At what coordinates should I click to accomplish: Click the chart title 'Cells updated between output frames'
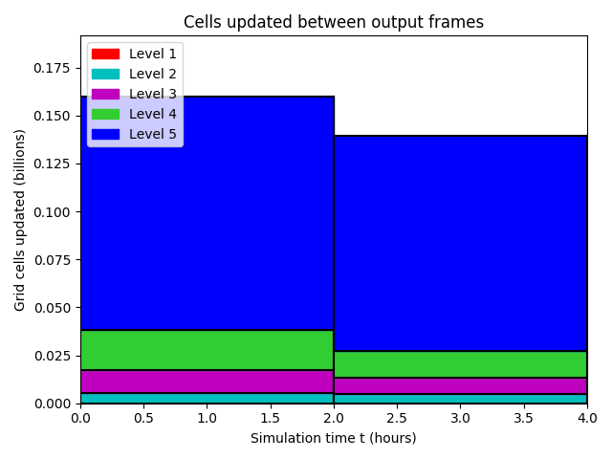click(x=334, y=22)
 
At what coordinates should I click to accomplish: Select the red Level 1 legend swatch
click(x=105, y=54)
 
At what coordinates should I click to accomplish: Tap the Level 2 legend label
click(x=153, y=74)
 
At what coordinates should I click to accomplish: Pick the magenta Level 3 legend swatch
click(x=105, y=94)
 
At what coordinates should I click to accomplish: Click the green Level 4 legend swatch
click(x=105, y=114)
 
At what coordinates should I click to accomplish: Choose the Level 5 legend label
click(x=153, y=134)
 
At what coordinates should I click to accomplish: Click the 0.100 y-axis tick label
click(x=52, y=212)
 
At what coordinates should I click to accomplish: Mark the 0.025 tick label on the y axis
click(x=52, y=356)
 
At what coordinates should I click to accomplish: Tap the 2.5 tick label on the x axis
click(x=397, y=418)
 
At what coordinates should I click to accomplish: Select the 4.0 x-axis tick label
click(x=587, y=418)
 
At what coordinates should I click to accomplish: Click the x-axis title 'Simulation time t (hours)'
click(x=334, y=438)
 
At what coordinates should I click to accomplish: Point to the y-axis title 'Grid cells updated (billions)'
click(x=19, y=220)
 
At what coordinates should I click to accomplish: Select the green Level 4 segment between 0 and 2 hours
click(x=207, y=350)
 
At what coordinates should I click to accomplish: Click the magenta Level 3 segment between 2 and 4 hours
click(x=461, y=386)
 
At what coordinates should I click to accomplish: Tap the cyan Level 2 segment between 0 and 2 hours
click(x=207, y=398)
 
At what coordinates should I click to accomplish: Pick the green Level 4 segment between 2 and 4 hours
click(x=461, y=364)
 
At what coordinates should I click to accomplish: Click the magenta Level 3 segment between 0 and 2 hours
click(x=207, y=382)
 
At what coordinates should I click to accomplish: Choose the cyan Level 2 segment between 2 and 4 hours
click(x=461, y=399)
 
